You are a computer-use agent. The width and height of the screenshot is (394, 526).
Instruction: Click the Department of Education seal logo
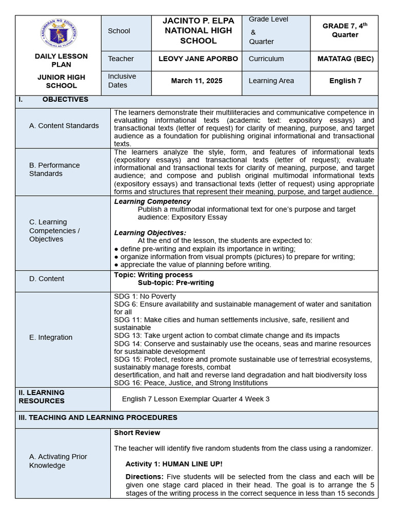58,33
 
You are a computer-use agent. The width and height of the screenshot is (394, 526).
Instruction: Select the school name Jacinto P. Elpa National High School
198,31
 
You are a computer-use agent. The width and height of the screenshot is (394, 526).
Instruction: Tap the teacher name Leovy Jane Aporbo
198,59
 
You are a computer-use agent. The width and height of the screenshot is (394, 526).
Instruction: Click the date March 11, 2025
197,81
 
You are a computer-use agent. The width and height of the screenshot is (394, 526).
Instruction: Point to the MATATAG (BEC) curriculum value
345,59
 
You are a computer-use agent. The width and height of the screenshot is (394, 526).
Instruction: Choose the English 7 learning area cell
345,81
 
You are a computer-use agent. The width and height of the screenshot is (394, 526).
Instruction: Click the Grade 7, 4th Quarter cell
345,31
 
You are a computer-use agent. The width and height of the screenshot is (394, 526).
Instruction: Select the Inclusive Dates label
122,81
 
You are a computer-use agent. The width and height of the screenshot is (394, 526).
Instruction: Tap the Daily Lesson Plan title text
61,60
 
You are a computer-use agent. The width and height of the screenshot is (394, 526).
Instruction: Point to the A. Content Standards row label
64,125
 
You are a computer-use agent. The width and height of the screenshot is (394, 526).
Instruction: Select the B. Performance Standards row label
54,170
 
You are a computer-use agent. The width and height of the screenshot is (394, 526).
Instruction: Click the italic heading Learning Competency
152,201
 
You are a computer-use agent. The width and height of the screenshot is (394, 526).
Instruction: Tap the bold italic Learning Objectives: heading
150,233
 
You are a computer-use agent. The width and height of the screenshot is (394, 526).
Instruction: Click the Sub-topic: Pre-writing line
175,283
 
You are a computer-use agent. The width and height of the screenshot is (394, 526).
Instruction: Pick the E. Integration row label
51,337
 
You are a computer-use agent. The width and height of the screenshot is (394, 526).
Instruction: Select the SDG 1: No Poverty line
145,296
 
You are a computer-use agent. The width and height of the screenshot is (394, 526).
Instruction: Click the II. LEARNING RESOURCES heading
42,397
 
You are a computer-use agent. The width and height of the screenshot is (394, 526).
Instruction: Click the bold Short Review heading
137,433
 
